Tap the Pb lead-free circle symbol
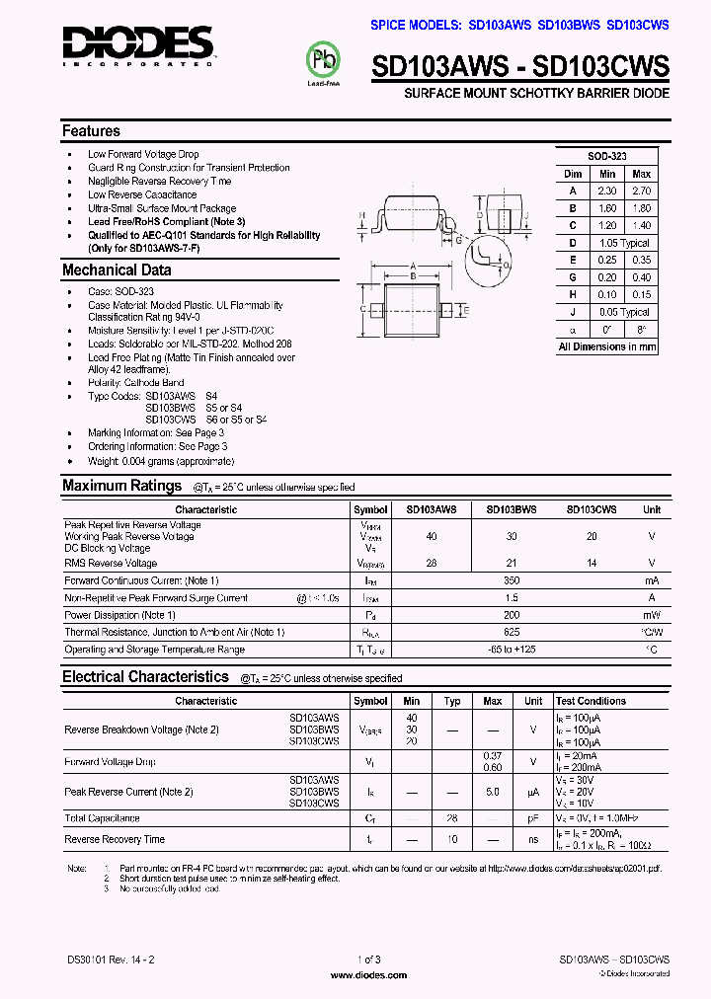pos(325,60)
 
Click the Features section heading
pos(91,131)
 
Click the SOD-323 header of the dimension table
pos(606,156)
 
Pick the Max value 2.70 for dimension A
pos(641,191)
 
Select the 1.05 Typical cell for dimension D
pos(623,243)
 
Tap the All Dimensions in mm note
pos(606,346)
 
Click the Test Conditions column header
pos(591,701)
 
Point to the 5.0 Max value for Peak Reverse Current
pos(492,792)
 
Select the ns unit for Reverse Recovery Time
pos(533,839)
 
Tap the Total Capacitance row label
pos(102,818)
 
